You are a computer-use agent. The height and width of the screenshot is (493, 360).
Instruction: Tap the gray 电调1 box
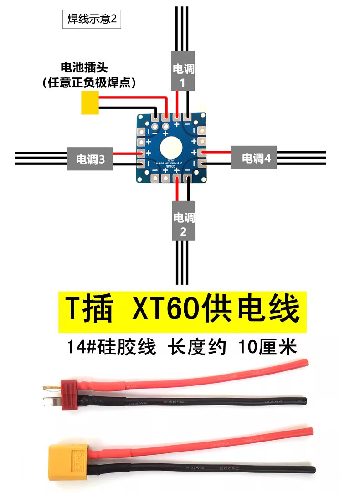tap(183, 70)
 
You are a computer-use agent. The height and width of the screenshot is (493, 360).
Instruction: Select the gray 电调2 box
tap(183, 220)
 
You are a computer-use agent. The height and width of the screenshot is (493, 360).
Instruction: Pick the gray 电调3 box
tap(90, 159)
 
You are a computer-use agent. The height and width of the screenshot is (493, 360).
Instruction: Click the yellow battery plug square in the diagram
tap(90, 103)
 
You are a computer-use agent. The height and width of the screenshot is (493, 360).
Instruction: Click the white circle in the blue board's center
tap(171, 148)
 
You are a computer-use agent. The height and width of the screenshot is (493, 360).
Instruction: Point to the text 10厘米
tap(267, 348)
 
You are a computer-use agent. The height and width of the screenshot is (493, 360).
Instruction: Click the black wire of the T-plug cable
tap(205, 401)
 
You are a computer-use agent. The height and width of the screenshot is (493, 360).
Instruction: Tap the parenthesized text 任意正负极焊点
tap(89, 82)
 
